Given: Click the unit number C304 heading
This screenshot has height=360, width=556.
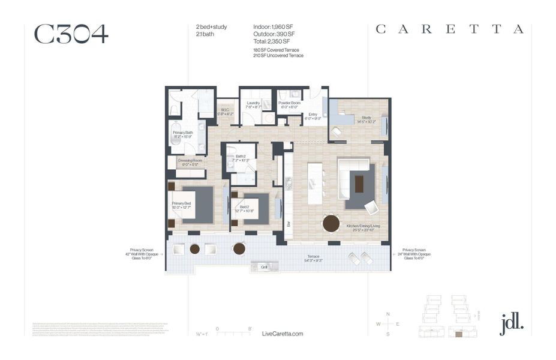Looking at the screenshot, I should [x=71, y=34].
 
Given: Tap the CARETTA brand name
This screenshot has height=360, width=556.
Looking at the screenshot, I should [x=449, y=29].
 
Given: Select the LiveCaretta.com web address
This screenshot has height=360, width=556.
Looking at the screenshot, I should [x=282, y=334].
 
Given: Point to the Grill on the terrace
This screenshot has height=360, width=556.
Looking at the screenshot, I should [x=263, y=266].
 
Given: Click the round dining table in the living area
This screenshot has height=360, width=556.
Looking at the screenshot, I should [x=331, y=223].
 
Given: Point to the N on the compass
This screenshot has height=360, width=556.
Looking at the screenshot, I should [x=388, y=314].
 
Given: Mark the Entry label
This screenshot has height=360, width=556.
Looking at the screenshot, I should [x=312, y=116].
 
